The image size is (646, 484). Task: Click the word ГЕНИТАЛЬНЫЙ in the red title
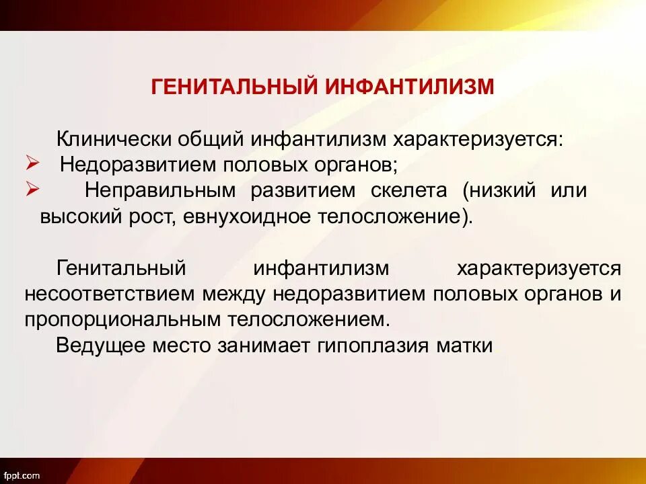point(235,87)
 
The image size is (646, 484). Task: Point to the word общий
point(211,139)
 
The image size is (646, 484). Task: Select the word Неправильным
point(160,190)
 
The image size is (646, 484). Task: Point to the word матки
point(470,346)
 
